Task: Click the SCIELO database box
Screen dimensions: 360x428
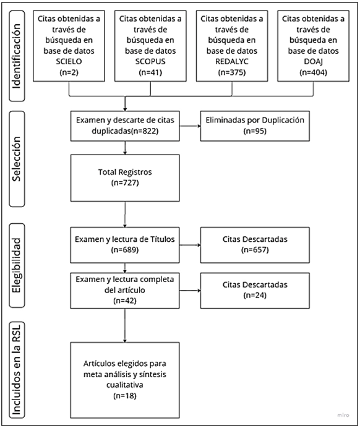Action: click(69, 46)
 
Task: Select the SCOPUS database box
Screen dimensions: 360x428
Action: click(150, 46)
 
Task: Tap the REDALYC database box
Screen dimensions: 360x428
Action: click(232, 46)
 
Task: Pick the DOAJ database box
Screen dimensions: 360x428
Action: click(314, 46)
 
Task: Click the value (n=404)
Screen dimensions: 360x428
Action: click(314, 72)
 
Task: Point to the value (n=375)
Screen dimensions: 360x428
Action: click(232, 72)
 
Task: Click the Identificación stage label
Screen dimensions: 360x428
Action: click(16, 56)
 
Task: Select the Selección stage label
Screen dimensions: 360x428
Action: click(16, 158)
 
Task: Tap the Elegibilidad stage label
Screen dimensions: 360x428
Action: click(16, 265)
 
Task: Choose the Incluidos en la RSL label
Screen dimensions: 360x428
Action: click(16, 370)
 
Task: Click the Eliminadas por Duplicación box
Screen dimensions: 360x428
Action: click(255, 126)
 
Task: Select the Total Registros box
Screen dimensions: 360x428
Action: click(125, 178)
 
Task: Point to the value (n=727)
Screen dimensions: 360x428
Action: click(125, 182)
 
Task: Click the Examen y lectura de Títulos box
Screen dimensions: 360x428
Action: click(125, 245)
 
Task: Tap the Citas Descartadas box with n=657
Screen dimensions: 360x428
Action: click(255, 245)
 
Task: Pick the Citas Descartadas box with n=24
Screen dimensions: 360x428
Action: click(255, 291)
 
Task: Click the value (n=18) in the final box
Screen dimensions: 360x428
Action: click(125, 395)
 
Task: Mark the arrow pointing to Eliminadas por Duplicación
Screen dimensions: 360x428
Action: click(190, 126)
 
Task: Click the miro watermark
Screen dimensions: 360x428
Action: click(343, 415)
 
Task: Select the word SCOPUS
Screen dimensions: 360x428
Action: click(150, 61)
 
